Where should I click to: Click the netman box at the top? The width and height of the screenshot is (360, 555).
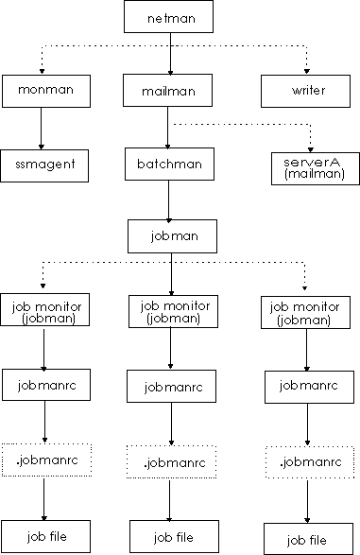click(170, 18)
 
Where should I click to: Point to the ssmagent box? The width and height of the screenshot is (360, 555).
click(40, 164)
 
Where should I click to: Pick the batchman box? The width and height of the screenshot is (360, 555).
click(170, 164)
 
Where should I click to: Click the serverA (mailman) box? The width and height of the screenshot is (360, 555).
click(307, 166)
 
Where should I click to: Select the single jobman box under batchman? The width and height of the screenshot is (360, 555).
click(170, 235)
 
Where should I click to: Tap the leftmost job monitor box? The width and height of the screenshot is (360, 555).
click(40, 312)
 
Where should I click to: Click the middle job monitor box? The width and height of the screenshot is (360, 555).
click(170, 312)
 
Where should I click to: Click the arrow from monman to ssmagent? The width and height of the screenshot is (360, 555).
click(40, 127)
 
